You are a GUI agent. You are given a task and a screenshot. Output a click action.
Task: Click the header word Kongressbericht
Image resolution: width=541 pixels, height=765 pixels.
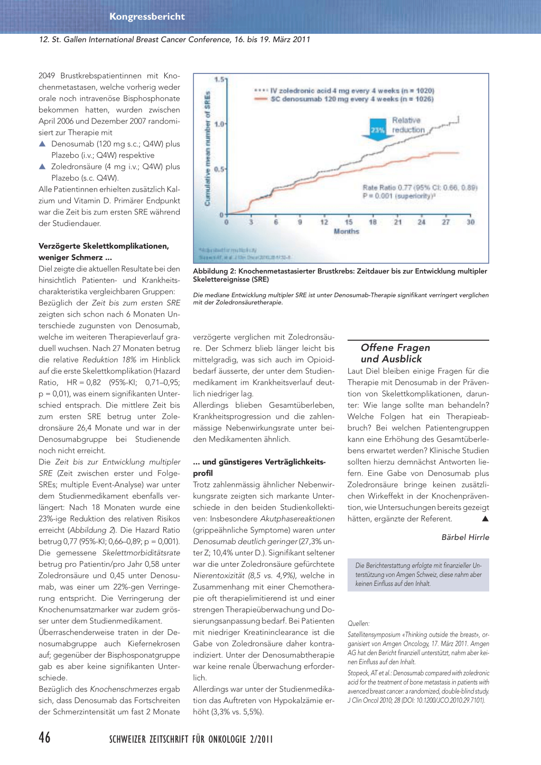pos(147,16)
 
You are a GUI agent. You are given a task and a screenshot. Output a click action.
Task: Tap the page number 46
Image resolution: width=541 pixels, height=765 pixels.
pos(45,738)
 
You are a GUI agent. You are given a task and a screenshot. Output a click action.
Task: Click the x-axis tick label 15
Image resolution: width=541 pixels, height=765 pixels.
pos(349,222)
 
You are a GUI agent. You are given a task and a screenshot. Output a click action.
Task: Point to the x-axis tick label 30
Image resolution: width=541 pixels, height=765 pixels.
pos(470,222)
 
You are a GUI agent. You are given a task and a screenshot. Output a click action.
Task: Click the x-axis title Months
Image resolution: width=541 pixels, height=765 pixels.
pos(346,231)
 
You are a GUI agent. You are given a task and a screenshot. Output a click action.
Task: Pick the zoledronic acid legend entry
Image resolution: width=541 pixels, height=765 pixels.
pos(349,91)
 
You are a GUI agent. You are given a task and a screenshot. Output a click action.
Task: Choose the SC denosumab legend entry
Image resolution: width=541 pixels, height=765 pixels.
pos(349,99)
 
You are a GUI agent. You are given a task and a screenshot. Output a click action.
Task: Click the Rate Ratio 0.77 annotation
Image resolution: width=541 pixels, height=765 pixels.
pos(420,188)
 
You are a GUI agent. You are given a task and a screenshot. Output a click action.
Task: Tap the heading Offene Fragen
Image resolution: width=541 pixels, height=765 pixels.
pos(395,348)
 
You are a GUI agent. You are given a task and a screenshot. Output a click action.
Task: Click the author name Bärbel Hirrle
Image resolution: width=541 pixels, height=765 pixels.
pos(465,537)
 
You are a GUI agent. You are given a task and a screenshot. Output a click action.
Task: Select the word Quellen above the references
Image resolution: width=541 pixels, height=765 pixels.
pos(358,623)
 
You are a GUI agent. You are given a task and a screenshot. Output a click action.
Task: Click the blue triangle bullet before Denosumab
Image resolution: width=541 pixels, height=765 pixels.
pos(42,144)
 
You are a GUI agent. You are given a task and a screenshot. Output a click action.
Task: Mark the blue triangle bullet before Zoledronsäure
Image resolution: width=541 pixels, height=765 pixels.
pos(42,166)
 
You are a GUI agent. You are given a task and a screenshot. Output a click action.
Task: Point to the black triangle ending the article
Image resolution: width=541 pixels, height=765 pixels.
pos(485,519)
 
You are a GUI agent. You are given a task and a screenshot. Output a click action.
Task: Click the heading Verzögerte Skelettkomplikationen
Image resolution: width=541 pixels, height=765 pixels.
pos(104,246)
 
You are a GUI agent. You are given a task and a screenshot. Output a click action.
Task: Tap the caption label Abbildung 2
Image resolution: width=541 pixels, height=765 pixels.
pos(214,271)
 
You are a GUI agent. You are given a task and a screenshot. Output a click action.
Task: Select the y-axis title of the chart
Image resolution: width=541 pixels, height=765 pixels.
pos(207,149)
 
